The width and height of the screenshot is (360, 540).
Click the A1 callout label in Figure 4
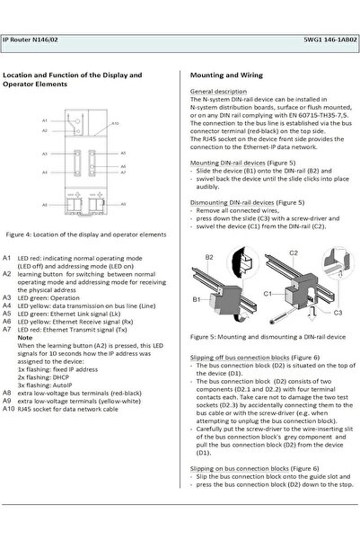[x=45, y=120]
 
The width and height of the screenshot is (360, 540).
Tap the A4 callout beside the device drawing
[x=45, y=171]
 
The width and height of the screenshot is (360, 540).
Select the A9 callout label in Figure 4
[x=124, y=205]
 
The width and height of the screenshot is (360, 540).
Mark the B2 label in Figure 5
[x=209, y=257]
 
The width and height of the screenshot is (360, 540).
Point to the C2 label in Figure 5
[x=294, y=254]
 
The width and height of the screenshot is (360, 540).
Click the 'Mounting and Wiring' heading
[x=227, y=75]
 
